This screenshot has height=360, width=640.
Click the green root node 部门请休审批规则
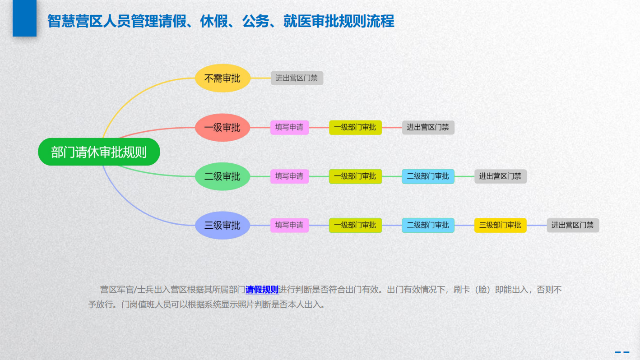(99, 152)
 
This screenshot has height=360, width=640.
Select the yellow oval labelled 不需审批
(223, 78)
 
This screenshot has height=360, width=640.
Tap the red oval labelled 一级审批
(223, 127)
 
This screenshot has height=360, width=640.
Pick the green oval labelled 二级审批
(223, 176)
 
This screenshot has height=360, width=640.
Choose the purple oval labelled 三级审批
(223, 225)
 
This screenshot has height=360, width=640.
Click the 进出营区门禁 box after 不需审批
(297, 78)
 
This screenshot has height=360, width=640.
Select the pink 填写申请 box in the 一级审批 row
(289, 127)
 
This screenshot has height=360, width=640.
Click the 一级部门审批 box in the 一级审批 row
(355, 127)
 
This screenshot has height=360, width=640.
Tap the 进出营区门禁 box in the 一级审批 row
(428, 127)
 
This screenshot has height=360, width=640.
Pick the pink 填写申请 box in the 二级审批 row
(289, 176)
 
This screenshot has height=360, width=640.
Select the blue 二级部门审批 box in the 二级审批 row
(428, 176)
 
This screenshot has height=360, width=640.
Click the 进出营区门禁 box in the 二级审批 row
(500, 176)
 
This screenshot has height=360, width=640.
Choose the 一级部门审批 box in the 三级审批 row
(355, 225)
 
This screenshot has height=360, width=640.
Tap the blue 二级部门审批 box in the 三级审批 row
(428, 225)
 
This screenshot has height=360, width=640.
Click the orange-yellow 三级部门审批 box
(500, 225)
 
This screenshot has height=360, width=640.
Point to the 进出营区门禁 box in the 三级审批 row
(573, 225)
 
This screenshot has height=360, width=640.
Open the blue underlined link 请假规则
(262, 290)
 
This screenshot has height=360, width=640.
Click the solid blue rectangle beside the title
(24, 18)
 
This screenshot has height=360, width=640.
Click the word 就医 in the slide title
(297, 21)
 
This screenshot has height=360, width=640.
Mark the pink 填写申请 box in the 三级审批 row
(289, 225)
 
